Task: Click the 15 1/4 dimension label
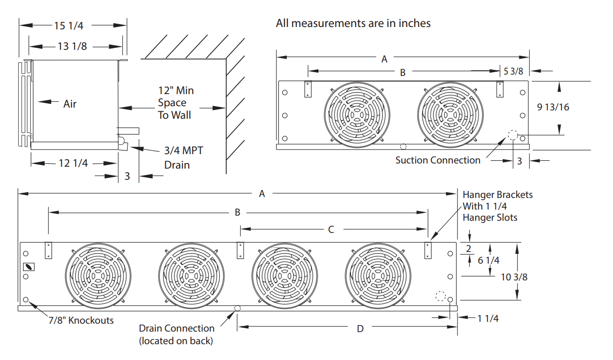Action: pyautogui.click(x=68, y=26)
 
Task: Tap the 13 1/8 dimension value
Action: pyautogui.click(x=72, y=46)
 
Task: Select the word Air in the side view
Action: pyautogui.click(x=70, y=104)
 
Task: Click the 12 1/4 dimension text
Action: pyautogui.click(x=73, y=163)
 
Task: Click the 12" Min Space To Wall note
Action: pyautogui.click(x=175, y=102)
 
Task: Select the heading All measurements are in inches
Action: pyautogui.click(x=353, y=23)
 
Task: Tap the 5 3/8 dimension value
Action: pyautogui.click(x=514, y=71)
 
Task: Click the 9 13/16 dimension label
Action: pyautogui.click(x=553, y=107)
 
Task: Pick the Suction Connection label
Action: pyautogui.click(x=438, y=160)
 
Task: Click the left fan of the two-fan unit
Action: pyautogui.click(x=356, y=113)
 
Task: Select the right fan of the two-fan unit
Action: pyautogui.click(x=450, y=113)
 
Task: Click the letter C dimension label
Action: pyautogui.click(x=331, y=230)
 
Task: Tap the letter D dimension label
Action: pyautogui.click(x=360, y=329)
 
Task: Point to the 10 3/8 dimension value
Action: pyautogui.click(x=514, y=277)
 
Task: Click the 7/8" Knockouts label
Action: pyautogui.click(x=81, y=320)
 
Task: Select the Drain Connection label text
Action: pyautogui.click(x=176, y=329)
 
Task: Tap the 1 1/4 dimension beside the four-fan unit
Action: pyautogui.click(x=488, y=319)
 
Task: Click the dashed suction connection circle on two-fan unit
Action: pyautogui.click(x=513, y=135)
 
